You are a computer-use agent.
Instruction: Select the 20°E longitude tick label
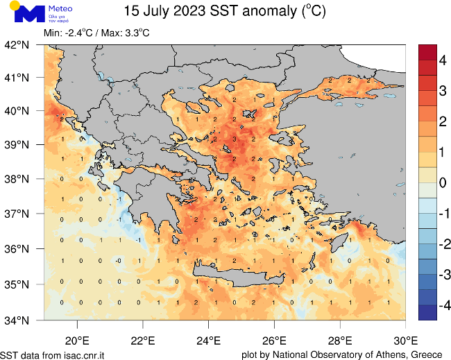(76, 341)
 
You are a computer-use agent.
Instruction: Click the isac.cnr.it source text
(83, 354)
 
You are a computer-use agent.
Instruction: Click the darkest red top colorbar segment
(428, 52)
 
